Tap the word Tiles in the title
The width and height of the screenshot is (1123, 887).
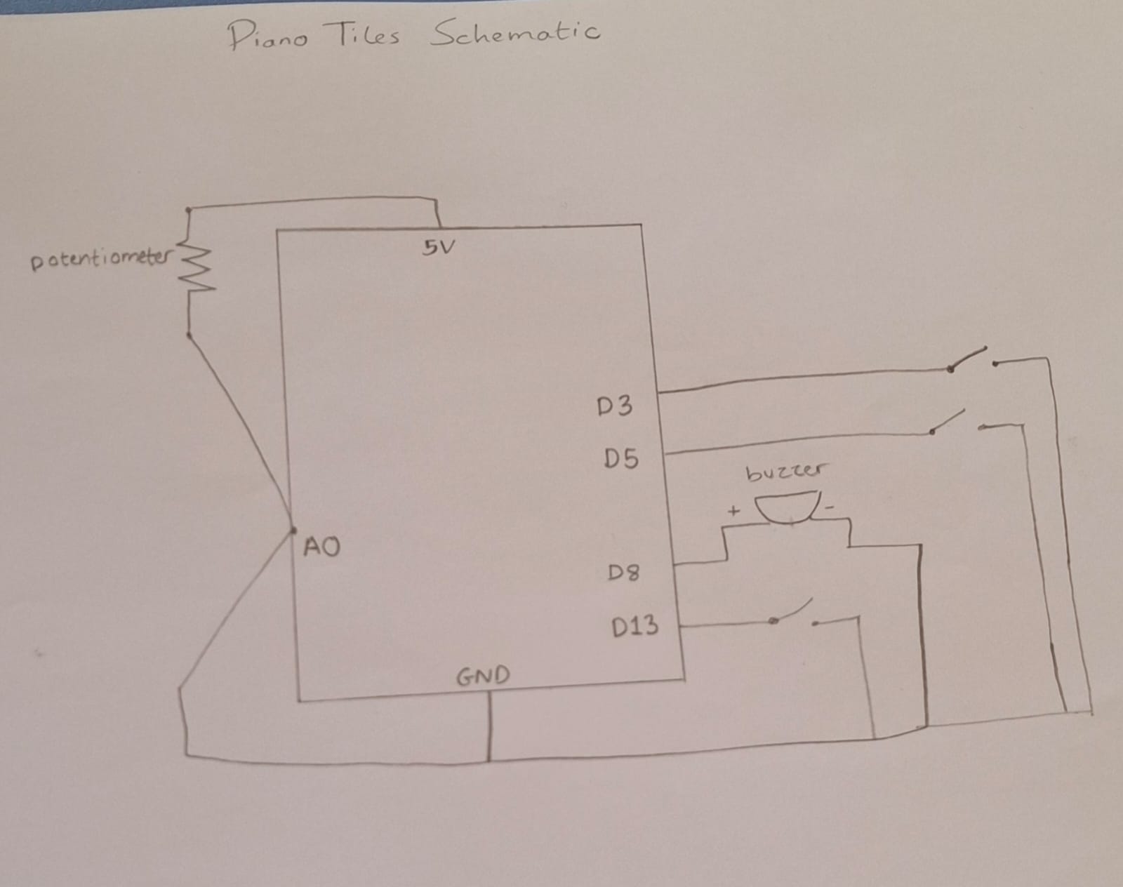click(x=365, y=34)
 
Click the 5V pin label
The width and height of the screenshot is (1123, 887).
click(x=438, y=247)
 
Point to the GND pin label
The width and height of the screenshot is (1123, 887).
click(x=483, y=676)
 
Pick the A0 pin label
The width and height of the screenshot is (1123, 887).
click(x=321, y=547)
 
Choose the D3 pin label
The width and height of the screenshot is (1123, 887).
click(x=614, y=406)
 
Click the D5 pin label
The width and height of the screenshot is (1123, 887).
click(x=621, y=459)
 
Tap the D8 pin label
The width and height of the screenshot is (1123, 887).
click(x=623, y=573)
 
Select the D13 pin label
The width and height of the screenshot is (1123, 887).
click(x=634, y=626)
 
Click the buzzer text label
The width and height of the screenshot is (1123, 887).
click(x=786, y=472)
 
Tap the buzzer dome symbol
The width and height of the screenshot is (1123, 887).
click(x=787, y=509)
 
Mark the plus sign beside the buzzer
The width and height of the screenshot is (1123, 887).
click(x=733, y=511)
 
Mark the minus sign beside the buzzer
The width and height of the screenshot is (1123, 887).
click(x=830, y=507)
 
